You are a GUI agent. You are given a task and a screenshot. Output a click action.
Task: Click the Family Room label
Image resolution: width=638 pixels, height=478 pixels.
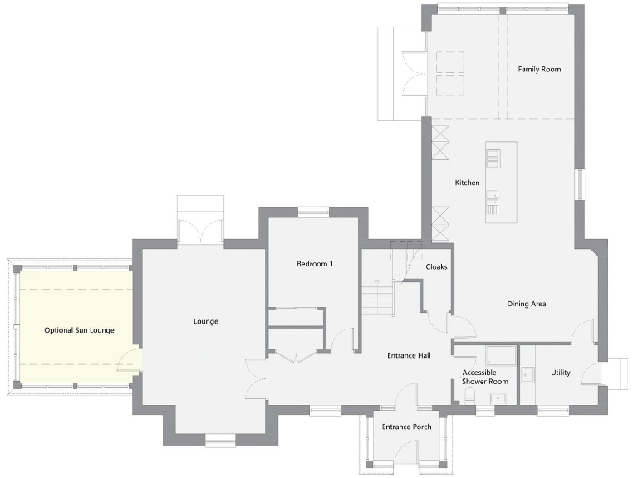click(539, 69)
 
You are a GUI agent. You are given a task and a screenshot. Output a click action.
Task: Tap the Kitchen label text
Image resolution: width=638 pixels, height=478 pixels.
click(467, 183)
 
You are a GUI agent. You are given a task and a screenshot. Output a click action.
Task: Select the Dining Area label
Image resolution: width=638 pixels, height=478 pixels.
click(526, 304)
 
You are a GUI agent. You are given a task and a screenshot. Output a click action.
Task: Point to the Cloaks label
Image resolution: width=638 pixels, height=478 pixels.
click(436, 267)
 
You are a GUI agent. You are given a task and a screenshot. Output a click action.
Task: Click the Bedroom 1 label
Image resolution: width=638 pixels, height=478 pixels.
click(315, 264)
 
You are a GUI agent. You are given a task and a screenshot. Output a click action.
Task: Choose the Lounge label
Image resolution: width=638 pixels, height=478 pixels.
click(205, 321)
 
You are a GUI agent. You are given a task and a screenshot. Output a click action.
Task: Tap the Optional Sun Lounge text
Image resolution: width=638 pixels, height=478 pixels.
click(79, 330)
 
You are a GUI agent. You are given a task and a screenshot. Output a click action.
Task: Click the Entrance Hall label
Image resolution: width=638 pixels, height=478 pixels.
click(409, 355)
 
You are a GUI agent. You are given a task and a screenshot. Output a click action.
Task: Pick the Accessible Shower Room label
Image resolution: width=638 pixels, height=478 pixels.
click(485, 378)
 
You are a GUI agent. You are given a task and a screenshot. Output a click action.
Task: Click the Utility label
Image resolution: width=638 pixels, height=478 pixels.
click(561, 373)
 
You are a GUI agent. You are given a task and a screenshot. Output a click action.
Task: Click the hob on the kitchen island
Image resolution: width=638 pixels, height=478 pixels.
click(493, 158)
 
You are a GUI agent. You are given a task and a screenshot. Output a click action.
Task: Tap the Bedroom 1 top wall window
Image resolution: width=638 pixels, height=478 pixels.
click(314, 212)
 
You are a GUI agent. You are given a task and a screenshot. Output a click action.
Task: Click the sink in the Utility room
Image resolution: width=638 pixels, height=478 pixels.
click(528, 374)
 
